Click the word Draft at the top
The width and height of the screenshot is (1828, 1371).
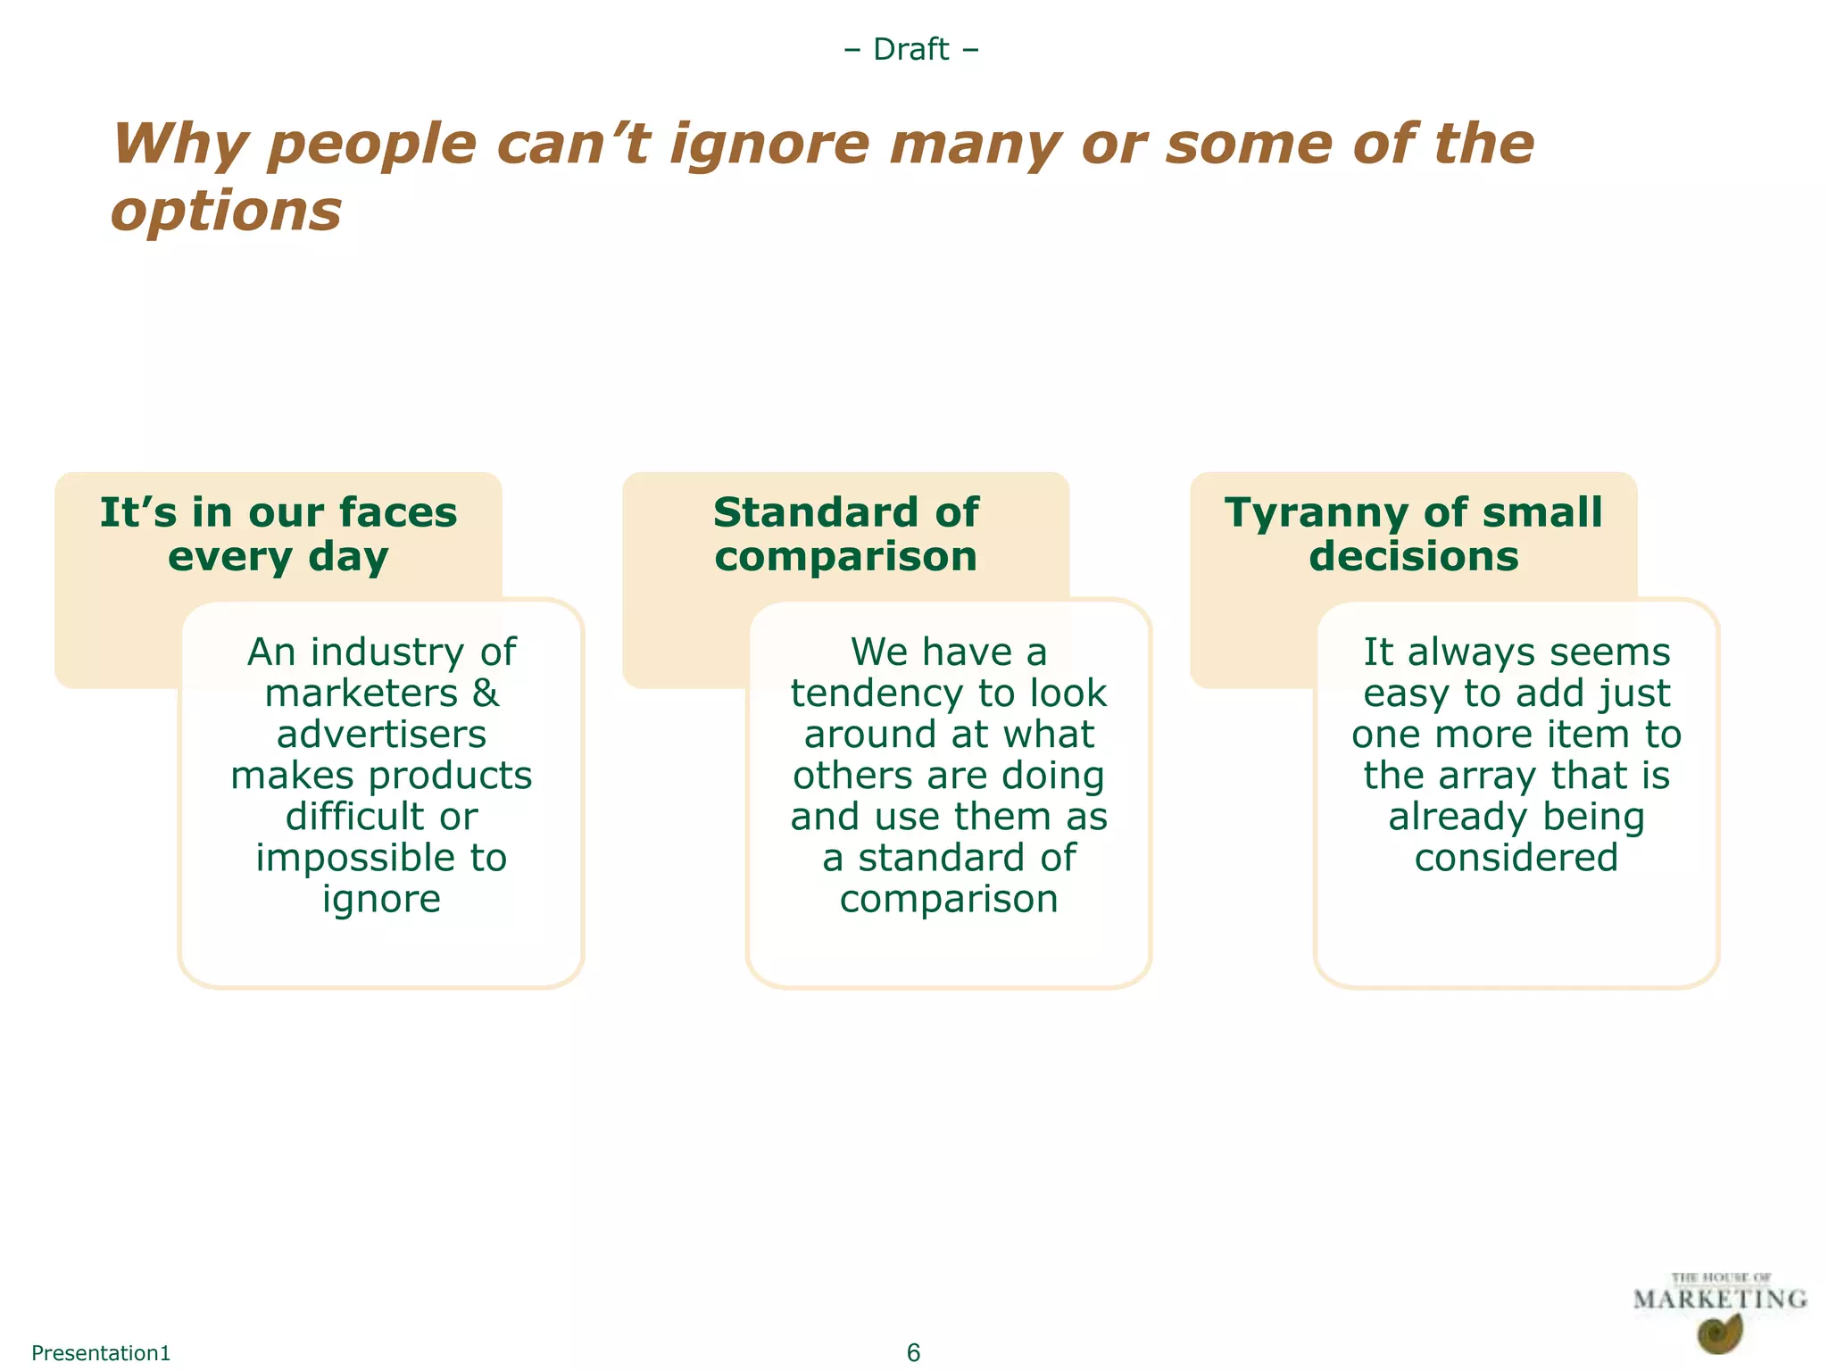point(910,49)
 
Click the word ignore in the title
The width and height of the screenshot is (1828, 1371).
point(769,145)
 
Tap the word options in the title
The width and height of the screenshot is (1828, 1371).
point(227,212)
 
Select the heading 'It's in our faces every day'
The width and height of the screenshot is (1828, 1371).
point(278,535)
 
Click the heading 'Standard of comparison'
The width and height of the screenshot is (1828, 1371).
point(845,535)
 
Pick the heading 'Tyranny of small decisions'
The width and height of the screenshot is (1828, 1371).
point(1413,535)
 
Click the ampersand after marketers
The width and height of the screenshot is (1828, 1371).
point(486,694)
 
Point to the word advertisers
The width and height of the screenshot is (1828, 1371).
point(381,735)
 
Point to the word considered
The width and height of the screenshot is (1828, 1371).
point(1516,858)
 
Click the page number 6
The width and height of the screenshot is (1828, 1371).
point(913,1352)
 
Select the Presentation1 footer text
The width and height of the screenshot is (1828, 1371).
point(101,1352)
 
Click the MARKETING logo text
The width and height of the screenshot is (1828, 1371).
point(1719,1300)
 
